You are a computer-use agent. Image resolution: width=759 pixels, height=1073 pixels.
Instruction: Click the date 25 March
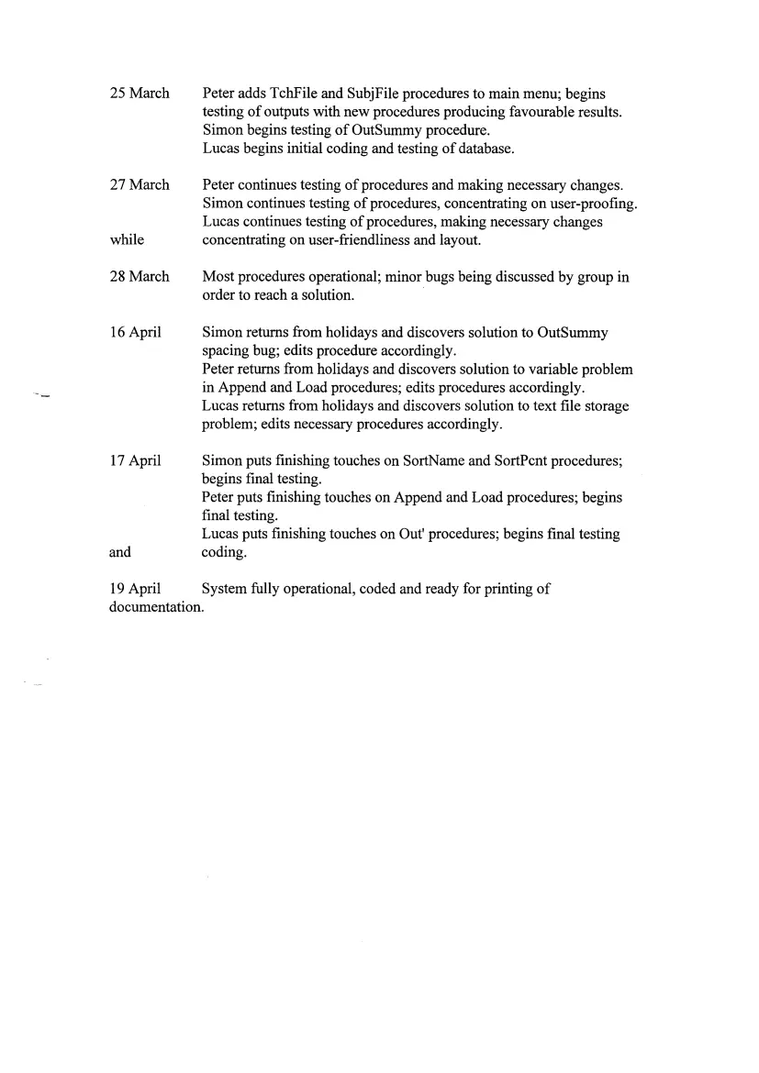click(x=140, y=94)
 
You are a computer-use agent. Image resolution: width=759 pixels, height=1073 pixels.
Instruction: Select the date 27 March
click(x=140, y=185)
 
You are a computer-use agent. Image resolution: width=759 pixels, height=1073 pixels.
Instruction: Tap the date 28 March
click(x=140, y=277)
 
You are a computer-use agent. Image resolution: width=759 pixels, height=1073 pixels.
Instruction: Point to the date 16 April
click(x=136, y=332)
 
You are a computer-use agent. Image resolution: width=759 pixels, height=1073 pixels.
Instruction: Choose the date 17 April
click(x=136, y=460)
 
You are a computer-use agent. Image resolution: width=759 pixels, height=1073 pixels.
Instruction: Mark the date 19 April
click(x=136, y=589)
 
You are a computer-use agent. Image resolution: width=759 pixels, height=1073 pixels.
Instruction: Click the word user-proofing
click(x=593, y=204)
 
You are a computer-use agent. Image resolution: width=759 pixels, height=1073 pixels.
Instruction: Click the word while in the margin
click(x=127, y=240)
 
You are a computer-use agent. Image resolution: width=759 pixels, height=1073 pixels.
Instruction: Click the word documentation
click(x=154, y=607)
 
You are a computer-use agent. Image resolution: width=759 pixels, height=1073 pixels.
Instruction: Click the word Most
click(x=218, y=277)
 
